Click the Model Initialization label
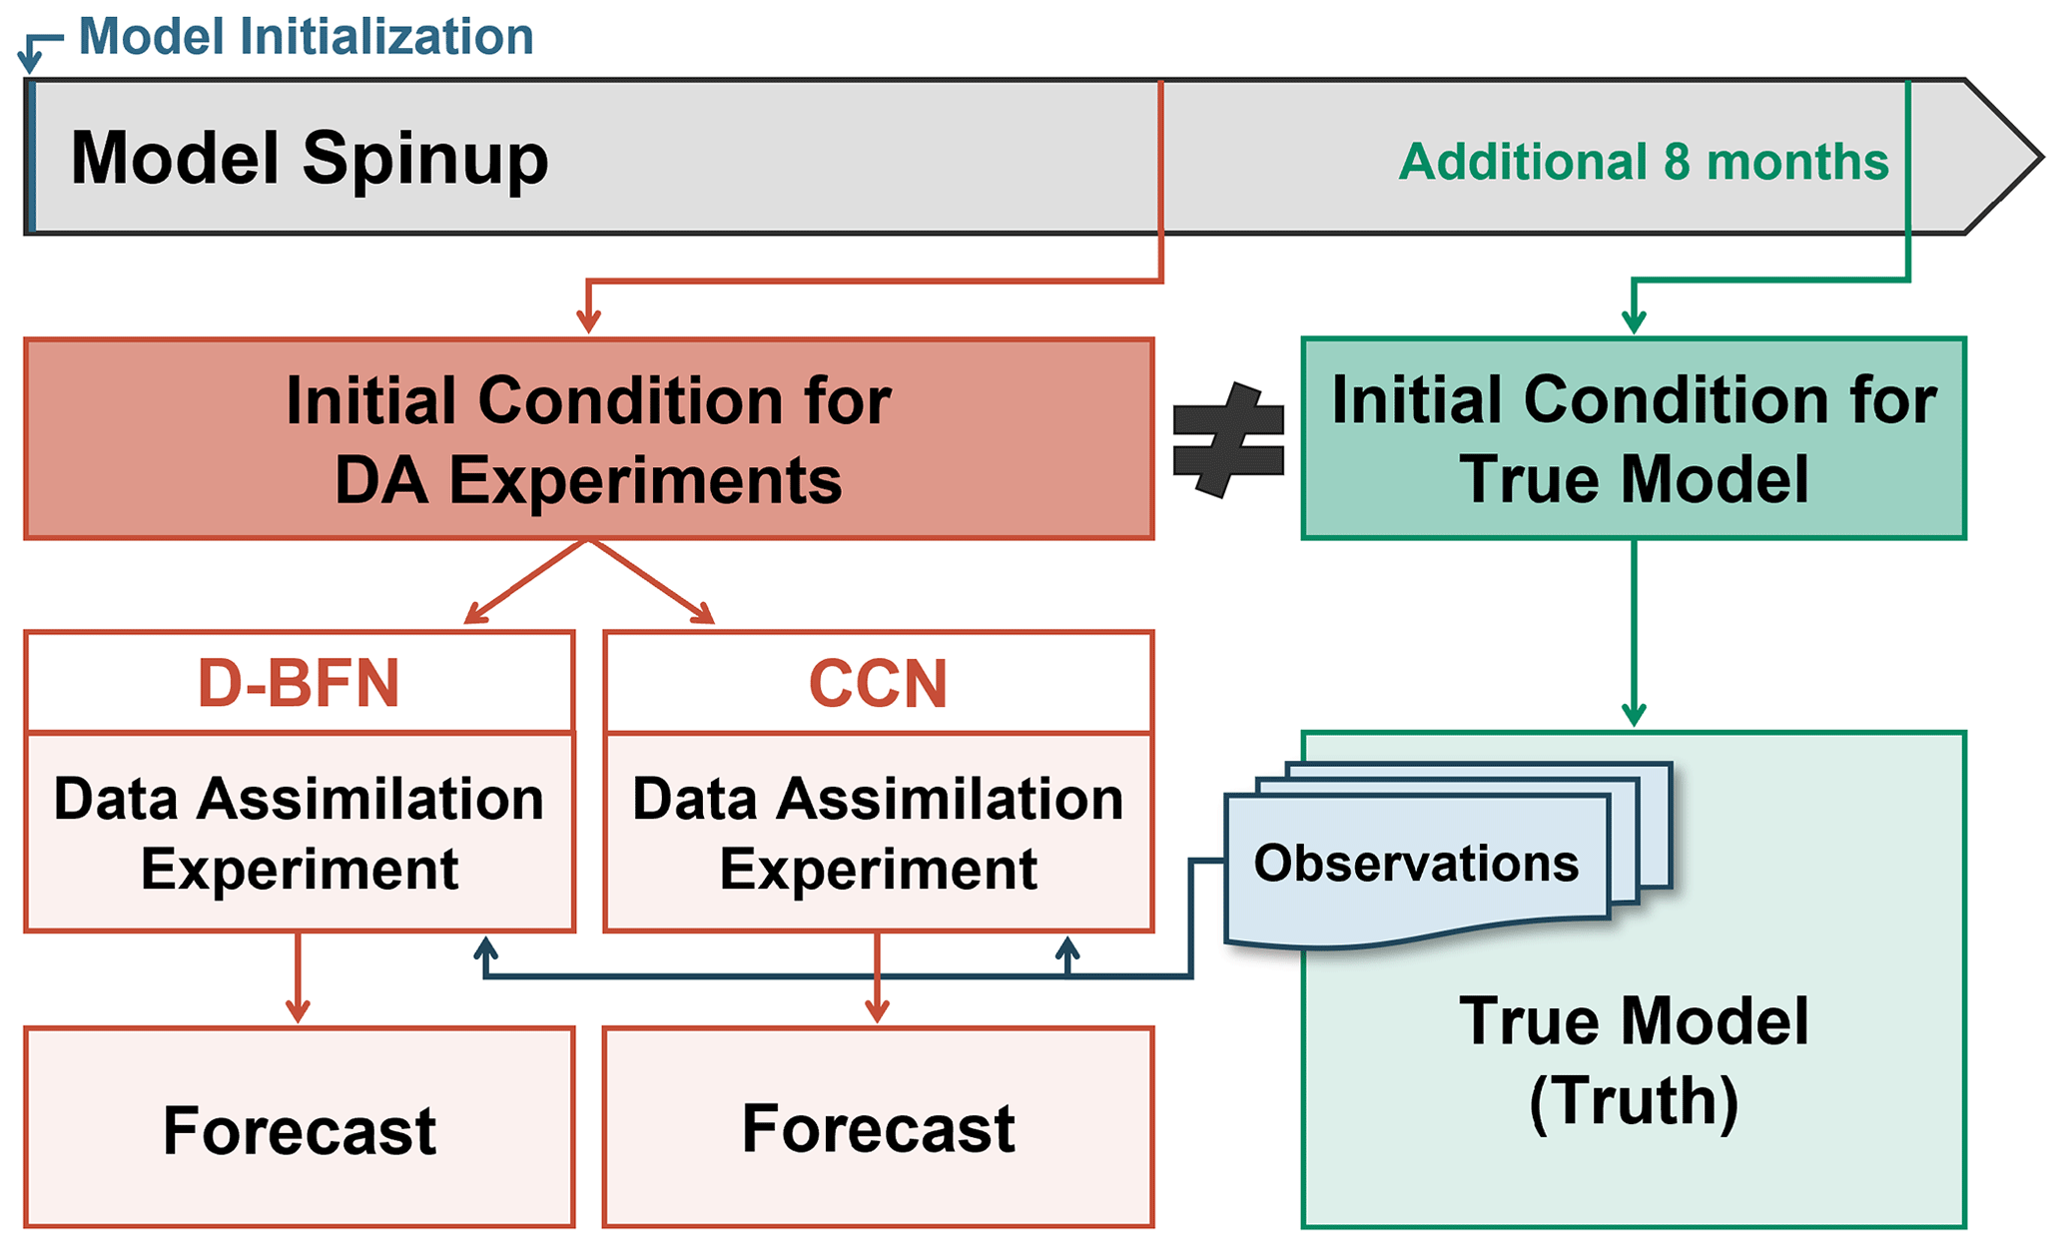pyautogui.click(x=306, y=37)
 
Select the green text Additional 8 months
pyautogui.click(x=1644, y=162)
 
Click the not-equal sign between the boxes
pyautogui.click(x=1228, y=439)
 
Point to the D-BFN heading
pyautogui.click(x=299, y=684)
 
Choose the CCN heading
pyautogui.click(x=878, y=684)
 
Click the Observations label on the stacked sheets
pyautogui.click(x=1416, y=864)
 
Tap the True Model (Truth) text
pyautogui.click(x=1634, y=1060)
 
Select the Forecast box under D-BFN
pyautogui.click(x=299, y=1128)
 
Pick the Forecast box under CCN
pyautogui.click(x=878, y=1128)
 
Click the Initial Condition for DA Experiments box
pyautogui.click(x=588, y=439)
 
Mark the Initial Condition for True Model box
pyautogui.click(x=1634, y=439)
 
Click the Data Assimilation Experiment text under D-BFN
pyautogui.click(x=299, y=833)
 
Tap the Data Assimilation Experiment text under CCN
pyautogui.click(x=878, y=833)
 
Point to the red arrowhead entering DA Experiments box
pyautogui.click(x=588, y=322)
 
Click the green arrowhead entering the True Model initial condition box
pyautogui.click(x=1634, y=322)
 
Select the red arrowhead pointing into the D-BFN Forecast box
pyautogui.click(x=298, y=1010)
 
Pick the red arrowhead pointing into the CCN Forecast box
pyautogui.click(x=877, y=1010)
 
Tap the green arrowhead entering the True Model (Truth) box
pyautogui.click(x=1634, y=715)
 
